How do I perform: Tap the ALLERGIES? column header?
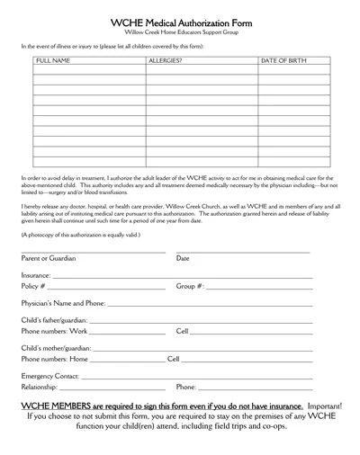tap(164, 59)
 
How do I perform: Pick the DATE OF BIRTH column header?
tap(283, 59)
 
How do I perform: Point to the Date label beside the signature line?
tap(183, 258)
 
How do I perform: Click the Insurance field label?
tap(36, 275)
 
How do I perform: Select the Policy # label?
tap(33, 286)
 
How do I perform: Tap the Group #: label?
tap(191, 286)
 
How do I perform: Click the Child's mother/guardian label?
tap(55, 347)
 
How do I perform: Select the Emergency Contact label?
tap(50, 375)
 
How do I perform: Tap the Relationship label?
tap(40, 387)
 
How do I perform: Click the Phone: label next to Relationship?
tap(186, 387)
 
